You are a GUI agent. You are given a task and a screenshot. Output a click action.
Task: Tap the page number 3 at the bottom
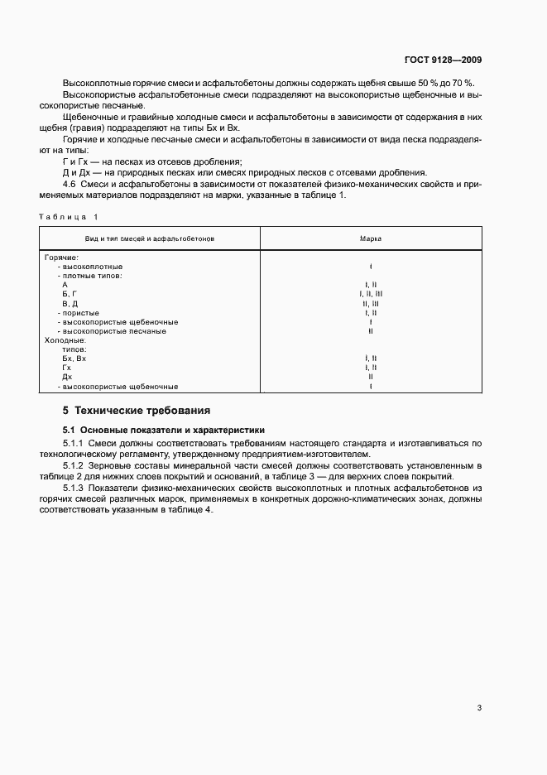coord(479,708)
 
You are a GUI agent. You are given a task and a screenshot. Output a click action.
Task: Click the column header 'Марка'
coord(370,238)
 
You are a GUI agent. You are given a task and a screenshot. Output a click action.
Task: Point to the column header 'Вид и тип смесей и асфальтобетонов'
coord(150,238)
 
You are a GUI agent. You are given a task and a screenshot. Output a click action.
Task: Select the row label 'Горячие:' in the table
coord(61,258)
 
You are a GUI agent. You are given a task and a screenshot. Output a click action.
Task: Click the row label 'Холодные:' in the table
coord(65,340)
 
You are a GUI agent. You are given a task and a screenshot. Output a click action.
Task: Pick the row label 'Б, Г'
coord(70,294)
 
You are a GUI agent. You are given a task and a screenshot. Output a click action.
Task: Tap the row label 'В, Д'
coord(70,304)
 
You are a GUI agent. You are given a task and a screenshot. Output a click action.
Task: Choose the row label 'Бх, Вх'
coord(74,359)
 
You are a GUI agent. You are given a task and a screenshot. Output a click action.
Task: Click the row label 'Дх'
coord(67,377)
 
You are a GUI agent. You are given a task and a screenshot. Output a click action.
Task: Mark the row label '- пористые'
coord(79,313)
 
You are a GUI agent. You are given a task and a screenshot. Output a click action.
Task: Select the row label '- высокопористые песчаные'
coord(112,331)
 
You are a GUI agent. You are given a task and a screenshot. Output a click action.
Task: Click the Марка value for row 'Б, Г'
coord(370,294)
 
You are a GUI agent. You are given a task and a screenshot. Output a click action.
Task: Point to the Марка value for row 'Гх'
coord(370,368)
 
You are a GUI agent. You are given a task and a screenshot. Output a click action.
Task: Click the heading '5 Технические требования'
coord(137,410)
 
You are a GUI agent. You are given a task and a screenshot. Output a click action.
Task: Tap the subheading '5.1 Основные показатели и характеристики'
coord(164,431)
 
